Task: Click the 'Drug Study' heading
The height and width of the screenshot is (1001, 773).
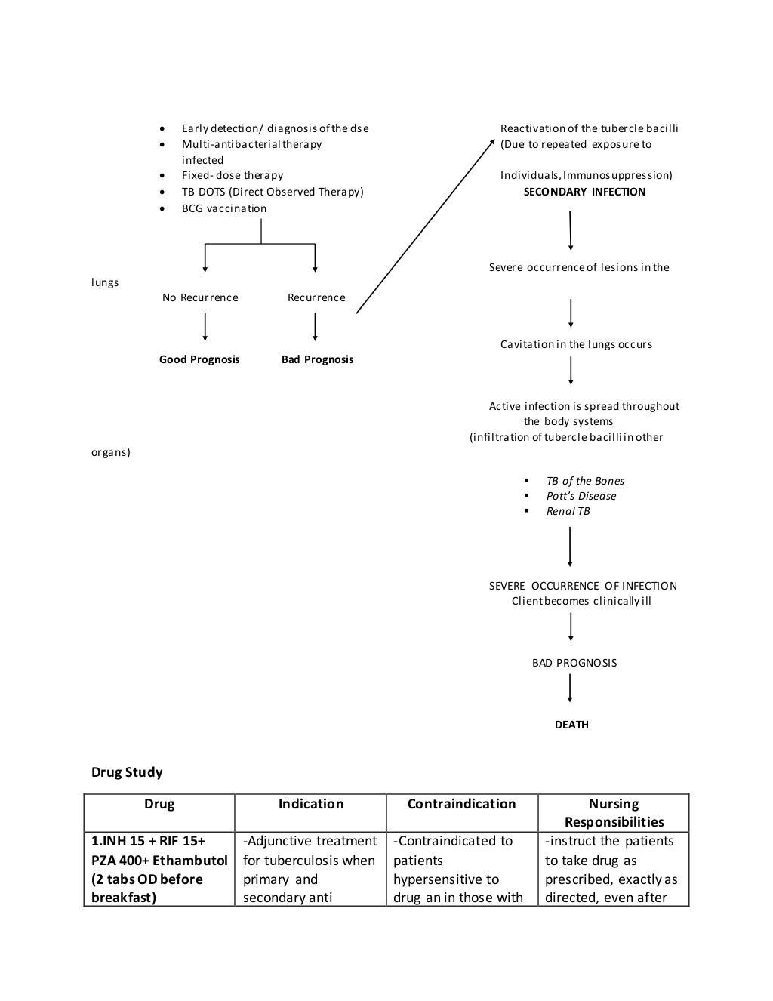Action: tap(127, 772)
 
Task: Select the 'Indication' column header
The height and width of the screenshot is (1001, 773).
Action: tap(310, 804)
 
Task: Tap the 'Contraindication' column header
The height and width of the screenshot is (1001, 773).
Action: tap(461, 804)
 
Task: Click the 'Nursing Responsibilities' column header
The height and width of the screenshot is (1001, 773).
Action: tap(614, 813)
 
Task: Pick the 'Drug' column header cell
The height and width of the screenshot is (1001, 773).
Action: tap(159, 804)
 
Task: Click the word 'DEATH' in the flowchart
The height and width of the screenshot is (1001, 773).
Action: tap(571, 725)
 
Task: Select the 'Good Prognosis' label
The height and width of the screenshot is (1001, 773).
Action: tap(199, 359)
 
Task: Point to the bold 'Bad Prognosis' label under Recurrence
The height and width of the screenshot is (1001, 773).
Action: tap(317, 359)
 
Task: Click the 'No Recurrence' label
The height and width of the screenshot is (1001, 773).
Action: tap(200, 297)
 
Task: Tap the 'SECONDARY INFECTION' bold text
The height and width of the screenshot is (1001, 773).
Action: tap(584, 192)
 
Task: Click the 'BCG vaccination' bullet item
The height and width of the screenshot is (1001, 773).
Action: tap(224, 208)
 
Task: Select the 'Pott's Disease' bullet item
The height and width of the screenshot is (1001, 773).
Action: tap(581, 496)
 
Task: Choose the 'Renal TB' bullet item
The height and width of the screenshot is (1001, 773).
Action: tap(568, 511)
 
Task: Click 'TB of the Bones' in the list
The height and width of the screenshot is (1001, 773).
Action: tap(585, 481)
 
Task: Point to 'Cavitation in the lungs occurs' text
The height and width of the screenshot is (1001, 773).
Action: tap(576, 344)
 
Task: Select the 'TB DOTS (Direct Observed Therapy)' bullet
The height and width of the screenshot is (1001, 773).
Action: tap(273, 192)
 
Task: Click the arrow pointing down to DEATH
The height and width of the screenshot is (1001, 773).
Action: tap(570, 688)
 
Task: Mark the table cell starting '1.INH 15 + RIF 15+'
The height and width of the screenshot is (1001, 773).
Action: tap(159, 869)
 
